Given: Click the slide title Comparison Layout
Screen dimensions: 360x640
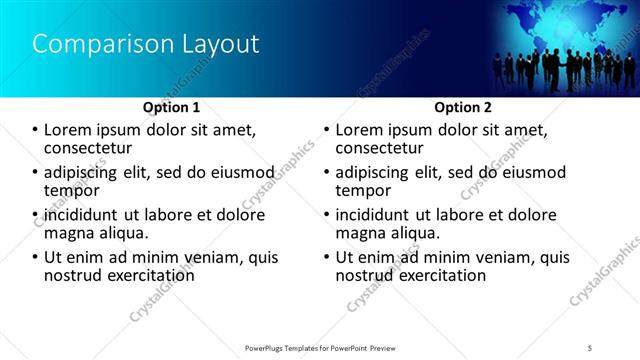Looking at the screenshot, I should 146,44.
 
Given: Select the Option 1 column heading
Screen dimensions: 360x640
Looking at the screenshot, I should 172,107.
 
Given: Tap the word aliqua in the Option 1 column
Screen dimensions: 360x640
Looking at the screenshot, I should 125,233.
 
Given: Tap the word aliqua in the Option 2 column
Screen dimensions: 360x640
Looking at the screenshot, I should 417,233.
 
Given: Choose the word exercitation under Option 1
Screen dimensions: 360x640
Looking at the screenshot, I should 147,275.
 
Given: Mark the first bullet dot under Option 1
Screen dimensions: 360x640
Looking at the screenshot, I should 35,130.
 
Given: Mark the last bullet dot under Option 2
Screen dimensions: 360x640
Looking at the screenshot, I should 327,257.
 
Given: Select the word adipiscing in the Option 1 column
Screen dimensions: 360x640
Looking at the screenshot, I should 85,172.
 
